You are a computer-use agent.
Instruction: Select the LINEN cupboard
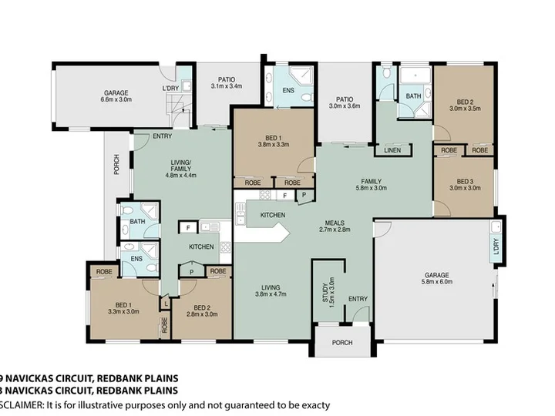392,149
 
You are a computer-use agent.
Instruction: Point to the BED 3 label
463,183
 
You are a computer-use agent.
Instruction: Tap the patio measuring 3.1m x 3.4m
226,82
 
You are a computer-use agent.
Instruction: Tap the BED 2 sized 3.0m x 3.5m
463,106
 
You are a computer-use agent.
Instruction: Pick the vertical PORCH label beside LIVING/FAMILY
116,165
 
